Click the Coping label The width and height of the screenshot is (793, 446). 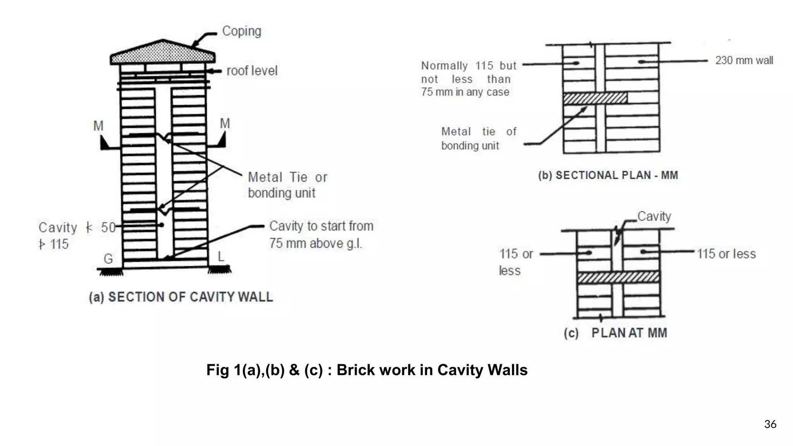(242, 31)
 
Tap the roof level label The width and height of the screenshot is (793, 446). (252, 71)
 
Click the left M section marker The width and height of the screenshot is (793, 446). (98, 126)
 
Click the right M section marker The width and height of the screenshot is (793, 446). (225, 124)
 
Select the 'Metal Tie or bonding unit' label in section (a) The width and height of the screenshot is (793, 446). (287, 185)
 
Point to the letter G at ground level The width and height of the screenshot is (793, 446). (108, 259)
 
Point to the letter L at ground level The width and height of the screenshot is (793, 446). (220, 256)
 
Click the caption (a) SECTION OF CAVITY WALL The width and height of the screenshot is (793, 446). (181, 297)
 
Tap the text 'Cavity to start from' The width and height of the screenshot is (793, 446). (321, 226)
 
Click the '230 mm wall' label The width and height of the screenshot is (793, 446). (744, 61)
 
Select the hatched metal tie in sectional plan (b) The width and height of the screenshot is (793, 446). (595, 98)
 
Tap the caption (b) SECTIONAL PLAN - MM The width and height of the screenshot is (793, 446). (608, 175)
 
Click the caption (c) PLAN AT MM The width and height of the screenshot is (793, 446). (615, 333)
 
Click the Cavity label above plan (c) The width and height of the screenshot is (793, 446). (654, 216)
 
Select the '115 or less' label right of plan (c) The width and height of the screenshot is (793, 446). (726, 254)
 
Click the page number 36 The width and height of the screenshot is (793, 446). (770, 424)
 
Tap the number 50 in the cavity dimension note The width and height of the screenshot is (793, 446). (108, 228)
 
